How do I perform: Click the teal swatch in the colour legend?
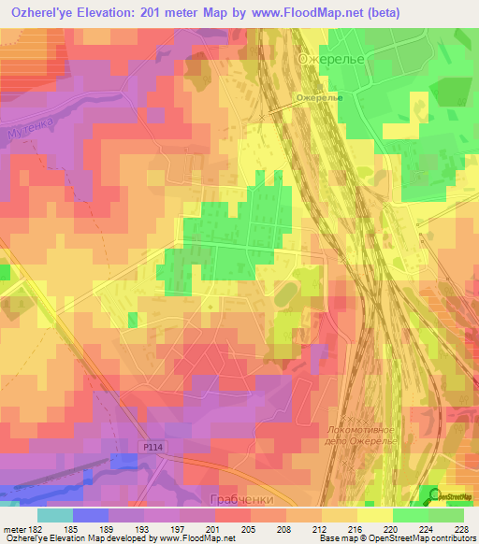coord(55,515)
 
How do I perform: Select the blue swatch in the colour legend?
coord(91,515)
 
